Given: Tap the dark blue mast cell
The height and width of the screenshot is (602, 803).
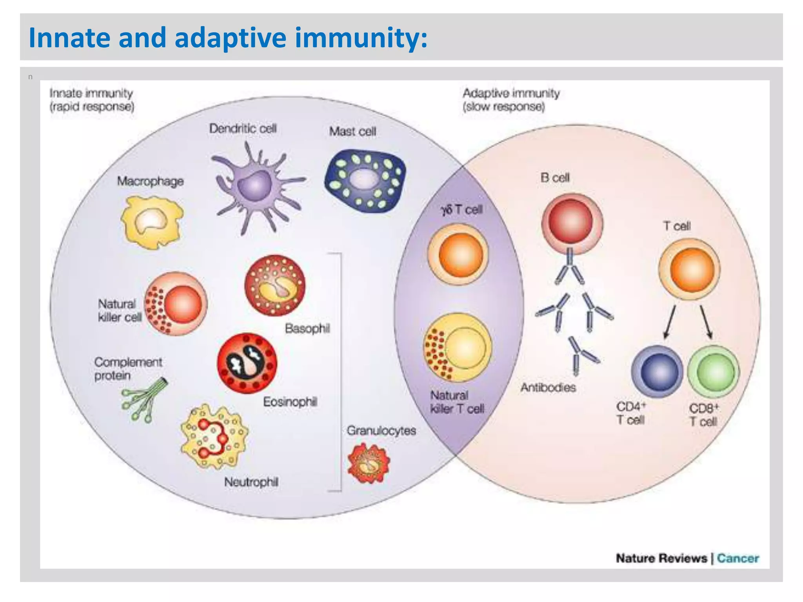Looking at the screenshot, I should [x=365, y=180].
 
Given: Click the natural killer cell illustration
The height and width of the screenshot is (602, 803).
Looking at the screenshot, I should [x=176, y=304].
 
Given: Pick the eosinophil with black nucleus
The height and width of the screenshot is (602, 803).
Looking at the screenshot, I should [x=247, y=363].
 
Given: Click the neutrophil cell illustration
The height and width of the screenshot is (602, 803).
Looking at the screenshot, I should [x=214, y=437].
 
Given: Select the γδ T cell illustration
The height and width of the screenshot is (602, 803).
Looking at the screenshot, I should [x=458, y=254].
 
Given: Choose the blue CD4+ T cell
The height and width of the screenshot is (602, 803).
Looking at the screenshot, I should [x=657, y=372].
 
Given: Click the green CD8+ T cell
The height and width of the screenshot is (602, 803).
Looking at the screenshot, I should [x=714, y=372].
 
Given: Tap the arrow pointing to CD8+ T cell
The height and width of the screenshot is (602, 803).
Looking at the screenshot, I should [x=706, y=321].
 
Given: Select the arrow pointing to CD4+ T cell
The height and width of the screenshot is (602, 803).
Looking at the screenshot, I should [x=670, y=321].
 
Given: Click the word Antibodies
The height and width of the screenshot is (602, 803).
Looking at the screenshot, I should [x=548, y=388].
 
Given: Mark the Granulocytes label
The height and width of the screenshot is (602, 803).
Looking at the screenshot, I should [x=381, y=431].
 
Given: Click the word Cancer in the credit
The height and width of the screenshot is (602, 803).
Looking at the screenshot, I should [x=738, y=558].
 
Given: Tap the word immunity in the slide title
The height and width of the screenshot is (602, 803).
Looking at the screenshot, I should [x=361, y=38].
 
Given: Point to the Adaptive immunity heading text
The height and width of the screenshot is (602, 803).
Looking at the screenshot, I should [x=511, y=93].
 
